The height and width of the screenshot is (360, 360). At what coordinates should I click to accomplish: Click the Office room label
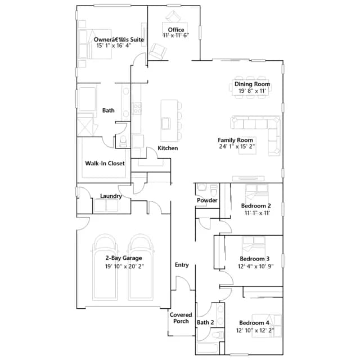click(176, 30)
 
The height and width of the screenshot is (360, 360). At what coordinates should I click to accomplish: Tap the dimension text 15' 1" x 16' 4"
click(114, 46)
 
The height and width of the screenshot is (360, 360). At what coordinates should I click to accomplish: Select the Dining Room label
click(252, 84)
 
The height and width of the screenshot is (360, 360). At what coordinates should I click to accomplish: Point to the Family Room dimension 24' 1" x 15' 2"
click(237, 146)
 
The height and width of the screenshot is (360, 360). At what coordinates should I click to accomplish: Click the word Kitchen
click(168, 148)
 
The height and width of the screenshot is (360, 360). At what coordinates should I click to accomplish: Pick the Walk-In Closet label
click(105, 163)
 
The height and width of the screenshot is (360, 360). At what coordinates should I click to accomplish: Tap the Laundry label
click(111, 196)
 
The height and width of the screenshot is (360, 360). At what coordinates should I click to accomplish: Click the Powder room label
click(207, 200)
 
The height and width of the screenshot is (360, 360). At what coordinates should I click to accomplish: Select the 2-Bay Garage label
click(124, 258)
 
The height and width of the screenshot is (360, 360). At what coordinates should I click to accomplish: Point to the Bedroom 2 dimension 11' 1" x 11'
click(257, 213)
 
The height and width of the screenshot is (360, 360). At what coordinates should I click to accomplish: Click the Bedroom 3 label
click(255, 259)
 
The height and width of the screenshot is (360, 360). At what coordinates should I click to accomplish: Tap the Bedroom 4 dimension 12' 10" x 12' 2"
click(255, 330)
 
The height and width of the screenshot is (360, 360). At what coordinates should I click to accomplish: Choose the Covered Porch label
click(181, 318)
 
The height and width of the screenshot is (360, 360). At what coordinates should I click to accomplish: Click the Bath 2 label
click(205, 322)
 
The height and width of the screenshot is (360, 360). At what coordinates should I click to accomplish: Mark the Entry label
click(182, 265)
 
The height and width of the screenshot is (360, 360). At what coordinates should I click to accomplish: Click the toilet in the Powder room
click(214, 190)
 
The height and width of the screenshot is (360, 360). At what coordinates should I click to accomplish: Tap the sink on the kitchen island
click(166, 124)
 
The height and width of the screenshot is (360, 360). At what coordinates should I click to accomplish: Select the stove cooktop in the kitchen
click(137, 109)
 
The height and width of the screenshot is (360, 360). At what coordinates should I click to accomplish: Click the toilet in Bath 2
click(218, 335)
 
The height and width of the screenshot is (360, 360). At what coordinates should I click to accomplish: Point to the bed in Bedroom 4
click(267, 326)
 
